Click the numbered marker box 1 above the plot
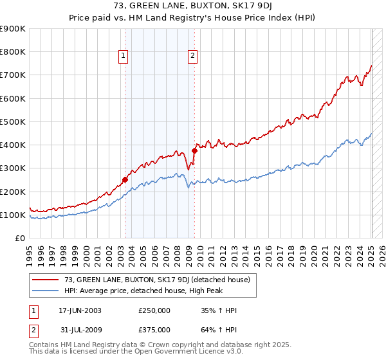click(x=123, y=57)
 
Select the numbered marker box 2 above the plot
click(x=192, y=57)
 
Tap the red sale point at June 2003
click(x=125, y=180)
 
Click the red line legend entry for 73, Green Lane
click(x=161, y=279)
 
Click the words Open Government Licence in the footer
click(x=161, y=353)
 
